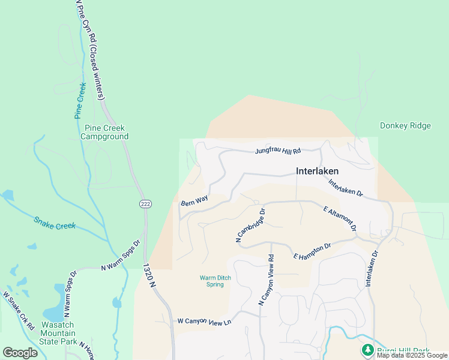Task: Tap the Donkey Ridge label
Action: click(x=405, y=126)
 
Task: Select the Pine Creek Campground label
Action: click(x=106, y=132)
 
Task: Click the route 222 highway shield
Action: click(x=145, y=204)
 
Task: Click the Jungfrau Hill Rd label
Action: click(x=277, y=151)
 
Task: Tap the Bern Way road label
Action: click(x=194, y=200)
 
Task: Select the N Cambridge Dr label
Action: click(x=251, y=226)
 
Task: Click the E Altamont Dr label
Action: click(x=340, y=220)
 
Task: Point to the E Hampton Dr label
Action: click(x=312, y=251)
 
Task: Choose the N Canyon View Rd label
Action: click(x=267, y=280)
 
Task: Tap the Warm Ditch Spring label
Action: click(x=212, y=281)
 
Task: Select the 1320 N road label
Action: click(x=150, y=278)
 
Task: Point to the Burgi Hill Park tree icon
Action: click(x=366, y=349)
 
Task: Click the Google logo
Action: click(x=20, y=352)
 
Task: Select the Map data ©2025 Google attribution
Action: click(x=412, y=355)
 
